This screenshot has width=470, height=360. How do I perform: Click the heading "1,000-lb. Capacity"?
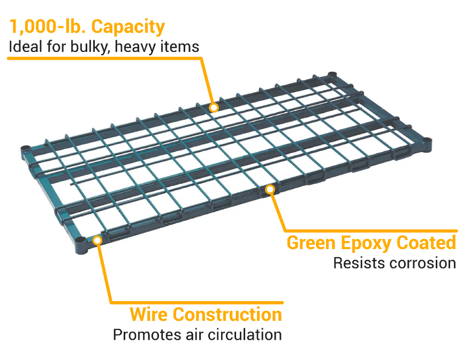tap(87, 27)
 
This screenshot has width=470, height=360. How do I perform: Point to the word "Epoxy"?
tap(366, 244)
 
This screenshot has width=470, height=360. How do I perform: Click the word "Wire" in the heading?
tap(148, 314)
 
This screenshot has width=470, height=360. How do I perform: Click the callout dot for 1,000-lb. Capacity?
tap(214, 107)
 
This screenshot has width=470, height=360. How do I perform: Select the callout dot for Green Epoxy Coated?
tap(270, 189)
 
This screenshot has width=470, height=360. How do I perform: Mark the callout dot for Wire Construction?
tap(97, 240)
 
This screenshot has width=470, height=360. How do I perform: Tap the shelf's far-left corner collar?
tap(26, 152)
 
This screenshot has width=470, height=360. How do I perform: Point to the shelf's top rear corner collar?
tap(332, 76)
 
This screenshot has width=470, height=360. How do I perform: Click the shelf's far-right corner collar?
tap(427, 144)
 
